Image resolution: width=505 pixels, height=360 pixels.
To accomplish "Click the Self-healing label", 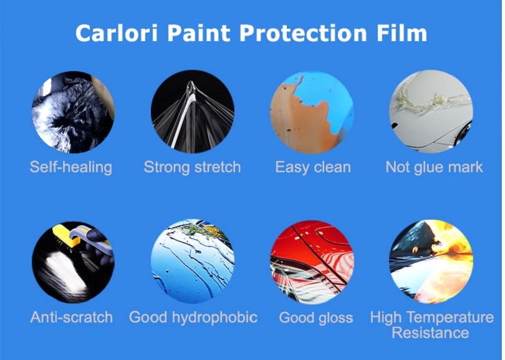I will pyautogui.click(x=71, y=167).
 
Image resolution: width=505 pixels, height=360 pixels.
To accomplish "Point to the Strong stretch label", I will pyautogui.click(x=192, y=167).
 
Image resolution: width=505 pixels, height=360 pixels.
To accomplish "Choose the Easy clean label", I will pyautogui.click(x=313, y=167).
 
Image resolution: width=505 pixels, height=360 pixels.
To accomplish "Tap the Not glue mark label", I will pyautogui.click(x=434, y=167).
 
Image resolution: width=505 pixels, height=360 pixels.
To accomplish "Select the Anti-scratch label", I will pyautogui.click(x=72, y=317).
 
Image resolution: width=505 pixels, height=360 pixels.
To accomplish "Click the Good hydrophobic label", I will pyautogui.click(x=193, y=317).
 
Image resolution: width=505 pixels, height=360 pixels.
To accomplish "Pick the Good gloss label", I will pyautogui.click(x=315, y=318).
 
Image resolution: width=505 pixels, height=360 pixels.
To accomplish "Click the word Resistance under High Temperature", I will pyautogui.click(x=430, y=333).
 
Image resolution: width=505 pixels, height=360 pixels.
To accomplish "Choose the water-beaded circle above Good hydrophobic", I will pyautogui.click(x=192, y=261).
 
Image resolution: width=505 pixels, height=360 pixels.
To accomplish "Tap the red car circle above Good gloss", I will pyautogui.click(x=312, y=261).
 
